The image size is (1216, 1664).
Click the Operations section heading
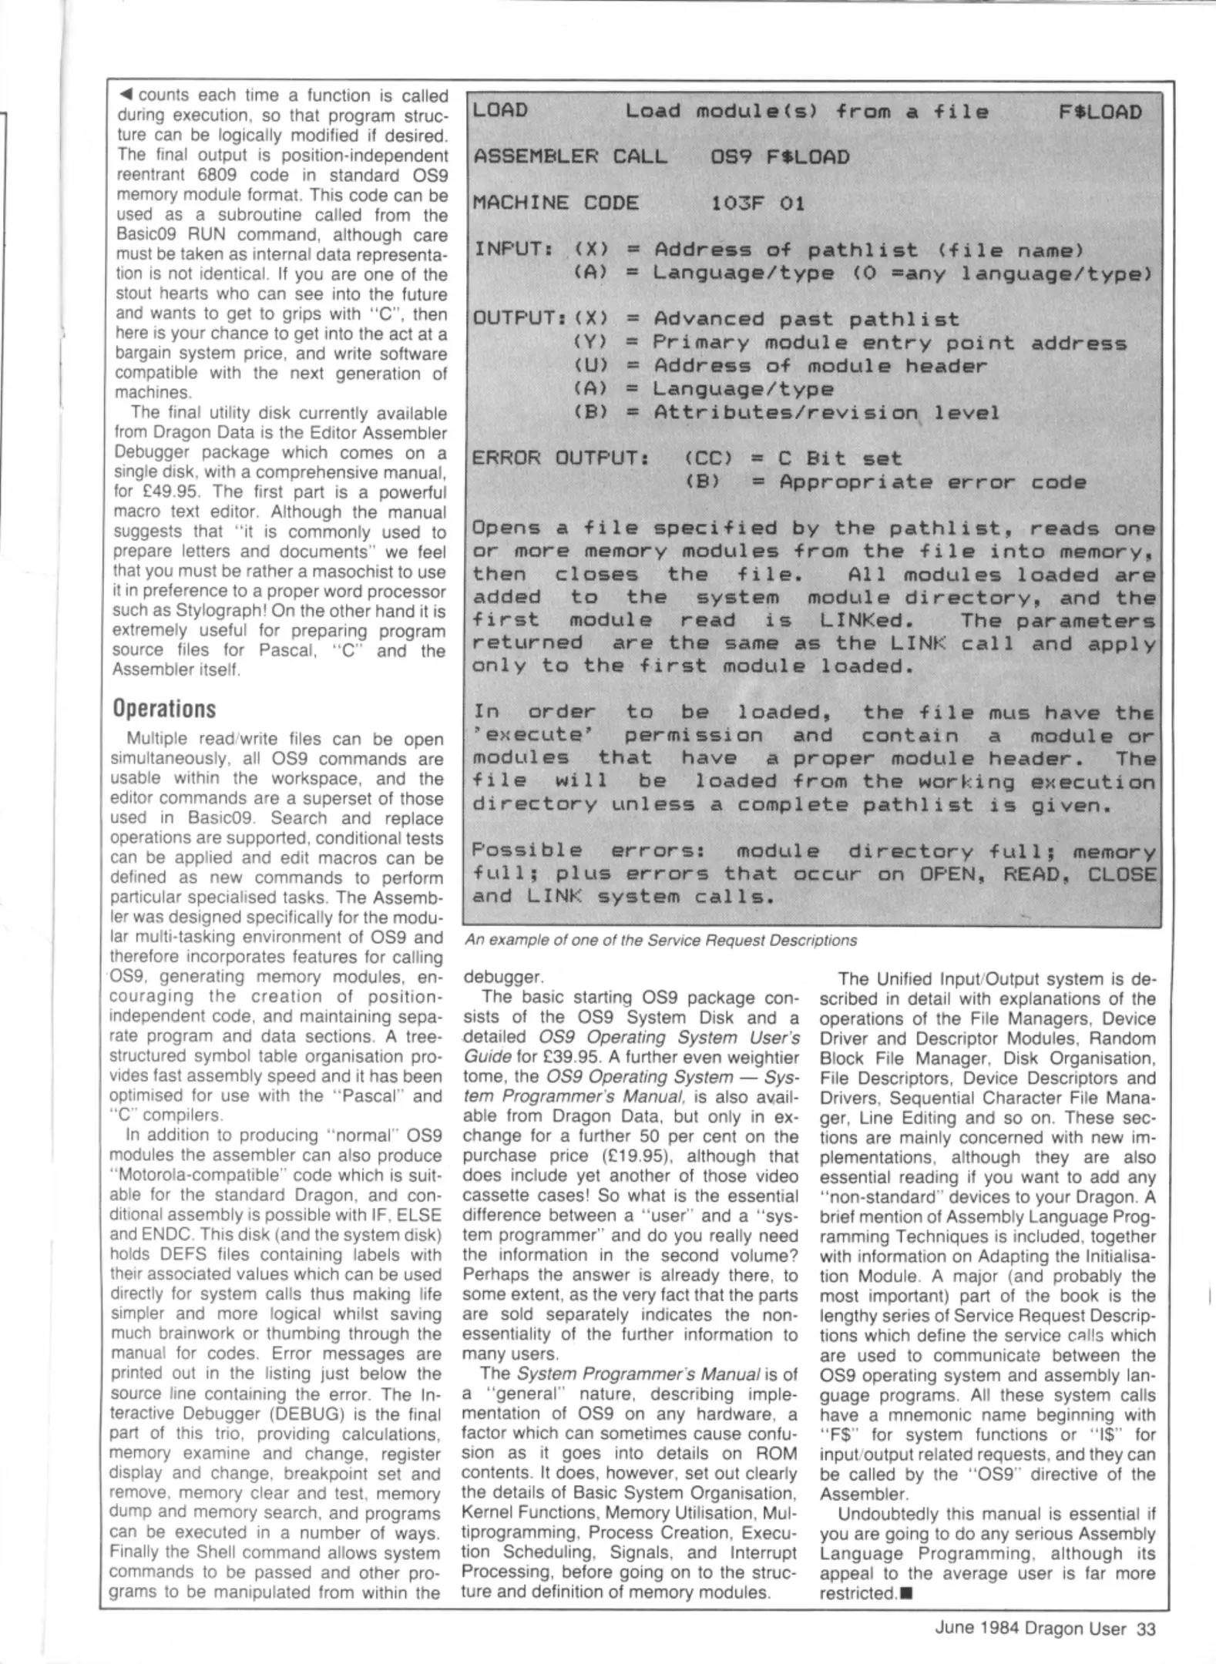164,709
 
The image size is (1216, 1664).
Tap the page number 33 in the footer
1146,1628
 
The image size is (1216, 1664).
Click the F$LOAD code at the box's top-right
1100,112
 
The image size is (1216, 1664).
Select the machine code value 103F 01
757,203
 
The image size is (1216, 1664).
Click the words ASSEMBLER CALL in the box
570,157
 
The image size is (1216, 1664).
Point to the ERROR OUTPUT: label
561,458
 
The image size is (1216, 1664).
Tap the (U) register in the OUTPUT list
590,366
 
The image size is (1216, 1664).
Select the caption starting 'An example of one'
660,941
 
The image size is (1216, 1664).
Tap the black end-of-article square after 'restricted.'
905,1593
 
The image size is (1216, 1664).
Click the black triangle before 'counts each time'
125,96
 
